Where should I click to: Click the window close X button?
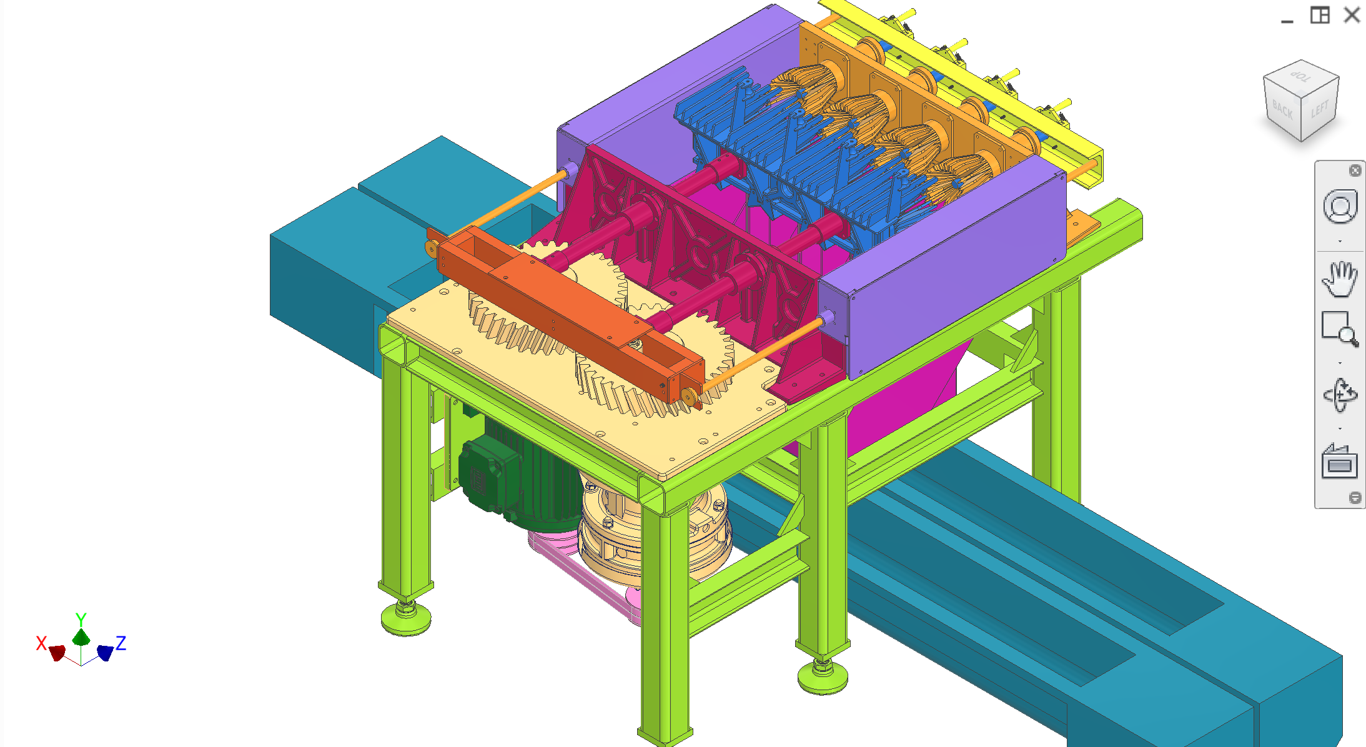1352,15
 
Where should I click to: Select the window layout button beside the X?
1319,15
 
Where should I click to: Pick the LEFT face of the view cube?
1319,111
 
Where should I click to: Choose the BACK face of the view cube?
1282,111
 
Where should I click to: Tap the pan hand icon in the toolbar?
1339,279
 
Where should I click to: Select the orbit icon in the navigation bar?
1339,395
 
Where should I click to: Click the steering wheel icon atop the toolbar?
1339,207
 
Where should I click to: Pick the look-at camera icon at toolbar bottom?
1339,462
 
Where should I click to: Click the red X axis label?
41,643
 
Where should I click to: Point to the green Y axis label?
81,619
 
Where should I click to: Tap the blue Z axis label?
121,643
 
